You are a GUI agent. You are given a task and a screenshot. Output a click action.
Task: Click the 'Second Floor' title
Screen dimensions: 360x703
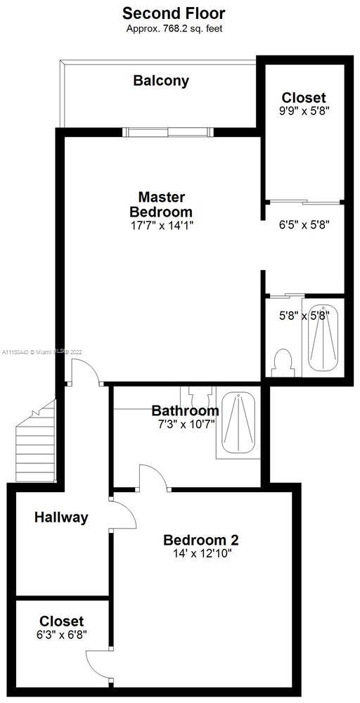point(174,13)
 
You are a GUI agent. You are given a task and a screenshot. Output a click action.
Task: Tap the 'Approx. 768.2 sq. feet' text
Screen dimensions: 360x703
point(174,29)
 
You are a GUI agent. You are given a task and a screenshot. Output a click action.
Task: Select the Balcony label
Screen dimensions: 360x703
point(162,81)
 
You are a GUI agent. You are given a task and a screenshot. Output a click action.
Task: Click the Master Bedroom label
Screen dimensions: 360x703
point(162,204)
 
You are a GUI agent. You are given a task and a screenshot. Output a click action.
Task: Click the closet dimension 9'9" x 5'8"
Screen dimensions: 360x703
point(304,111)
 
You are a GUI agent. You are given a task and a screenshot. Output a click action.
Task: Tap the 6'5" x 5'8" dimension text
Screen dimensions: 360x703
point(304,224)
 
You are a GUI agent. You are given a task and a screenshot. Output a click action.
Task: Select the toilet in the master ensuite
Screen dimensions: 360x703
point(283,361)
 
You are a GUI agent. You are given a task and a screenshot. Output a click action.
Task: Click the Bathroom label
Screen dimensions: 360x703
point(185,411)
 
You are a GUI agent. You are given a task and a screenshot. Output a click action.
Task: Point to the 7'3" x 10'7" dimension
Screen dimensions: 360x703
point(184,423)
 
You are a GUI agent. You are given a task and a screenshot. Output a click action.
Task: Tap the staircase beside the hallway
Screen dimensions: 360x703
point(35,441)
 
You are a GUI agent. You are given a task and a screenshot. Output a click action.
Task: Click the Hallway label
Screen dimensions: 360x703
point(61,517)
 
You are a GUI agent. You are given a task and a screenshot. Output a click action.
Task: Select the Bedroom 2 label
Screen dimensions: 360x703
point(201,539)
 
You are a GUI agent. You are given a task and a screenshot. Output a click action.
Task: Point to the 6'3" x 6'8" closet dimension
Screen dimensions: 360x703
point(61,634)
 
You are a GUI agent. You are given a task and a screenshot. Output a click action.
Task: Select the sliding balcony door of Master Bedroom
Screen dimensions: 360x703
point(169,132)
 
